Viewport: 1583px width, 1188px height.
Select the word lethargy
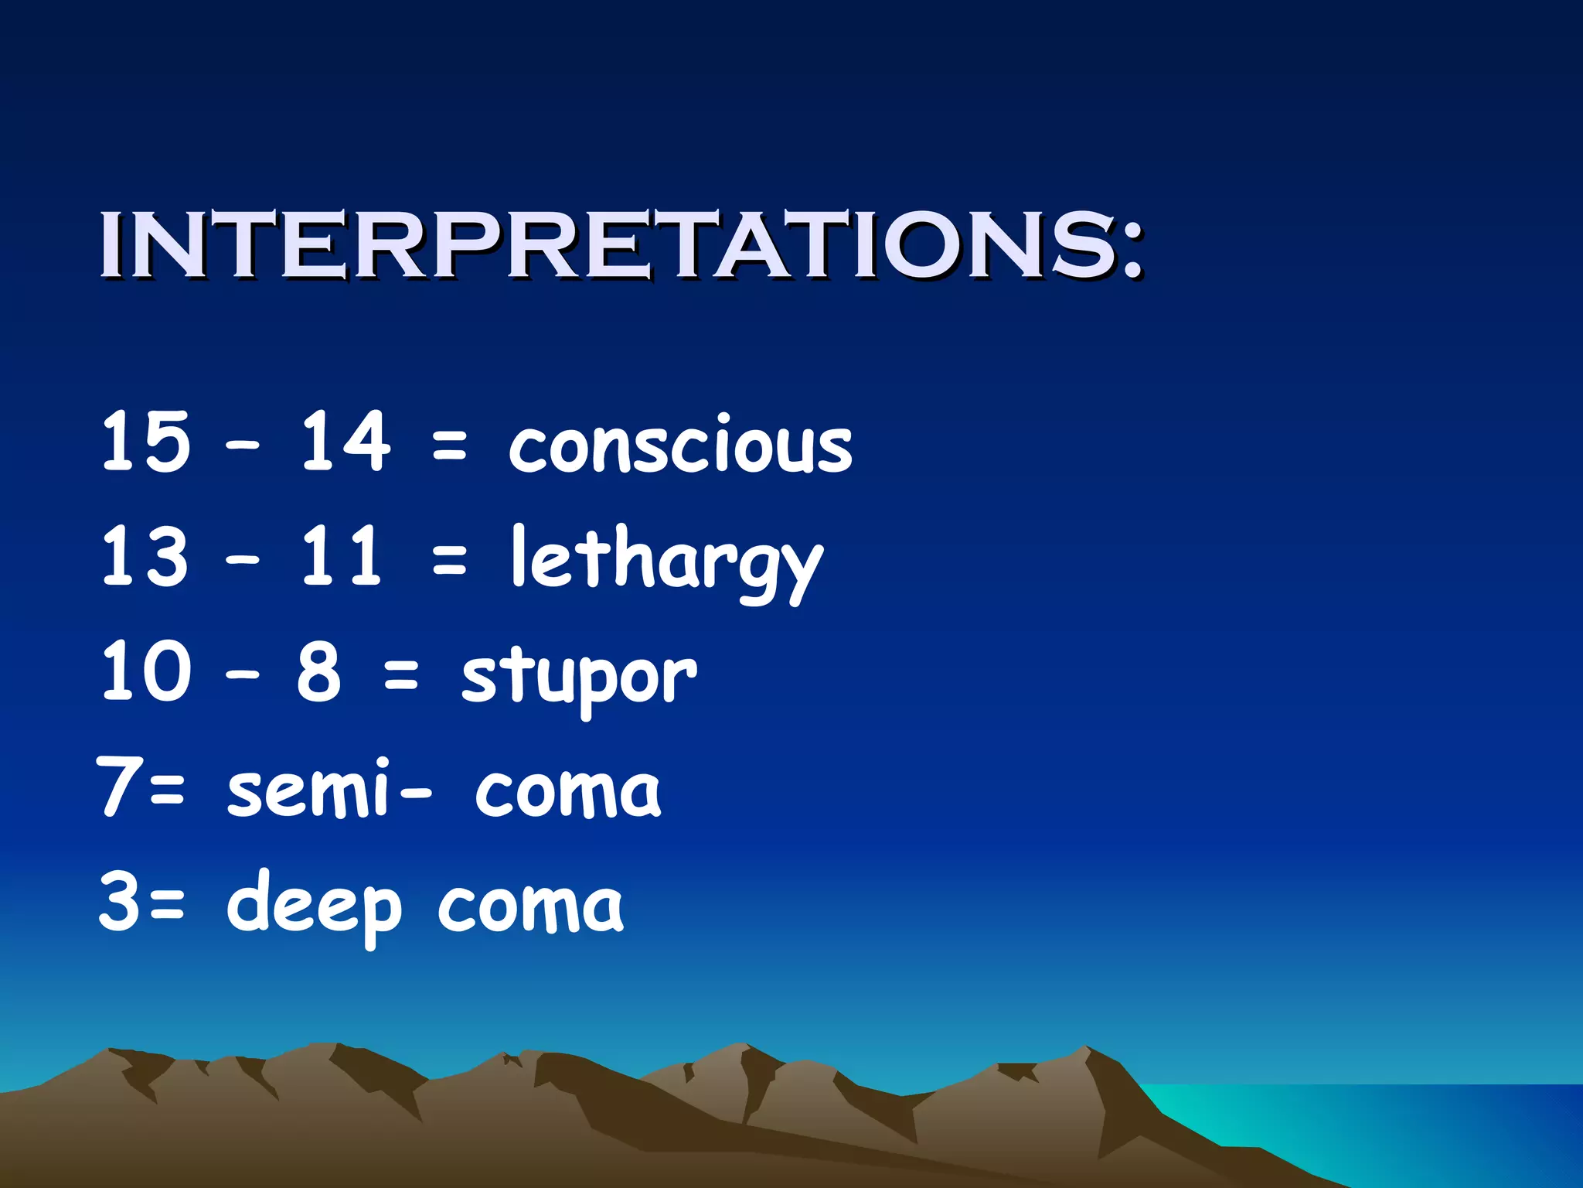pyautogui.click(x=666, y=561)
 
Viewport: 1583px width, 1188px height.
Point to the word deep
pyautogui.click(x=313, y=905)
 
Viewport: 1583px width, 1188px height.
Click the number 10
pyautogui.click(x=145, y=671)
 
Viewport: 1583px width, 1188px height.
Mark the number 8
pyautogui.click(x=318, y=671)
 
